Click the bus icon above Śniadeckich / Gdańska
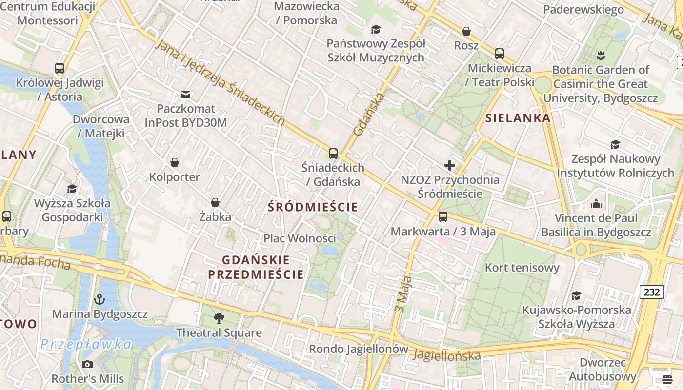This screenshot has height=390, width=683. pyautogui.click(x=333, y=154)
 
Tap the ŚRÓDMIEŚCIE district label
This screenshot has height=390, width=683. pyautogui.click(x=313, y=207)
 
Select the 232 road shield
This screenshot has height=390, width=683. pyautogui.click(x=651, y=292)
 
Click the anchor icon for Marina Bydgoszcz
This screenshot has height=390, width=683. pyautogui.click(x=100, y=299)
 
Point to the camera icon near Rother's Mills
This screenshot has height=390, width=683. pyautogui.click(x=87, y=364)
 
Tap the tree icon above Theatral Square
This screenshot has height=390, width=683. pyautogui.click(x=219, y=318)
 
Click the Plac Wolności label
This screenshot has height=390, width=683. pyautogui.click(x=300, y=238)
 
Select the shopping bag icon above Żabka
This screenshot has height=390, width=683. pyautogui.click(x=215, y=202)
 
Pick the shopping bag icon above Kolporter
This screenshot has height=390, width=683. pyautogui.click(x=175, y=162)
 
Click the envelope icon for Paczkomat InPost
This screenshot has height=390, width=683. pyautogui.click(x=186, y=94)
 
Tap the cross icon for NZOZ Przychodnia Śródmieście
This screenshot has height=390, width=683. pyautogui.click(x=450, y=165)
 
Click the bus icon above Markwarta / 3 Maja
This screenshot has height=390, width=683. pyautogui.click(x=443, y=216)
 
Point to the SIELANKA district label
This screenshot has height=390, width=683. pyautogui.click(x=518, y=118)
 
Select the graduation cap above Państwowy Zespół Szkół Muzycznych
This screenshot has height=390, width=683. pyautogui.click(x=376, y=30)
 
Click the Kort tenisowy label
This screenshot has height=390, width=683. pyautogui.click(x=522, y=267)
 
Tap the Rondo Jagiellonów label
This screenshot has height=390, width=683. pyautogui.click(x=359, y=349)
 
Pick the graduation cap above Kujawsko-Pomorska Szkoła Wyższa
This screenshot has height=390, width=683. pyautogui.click(x=576, y=295)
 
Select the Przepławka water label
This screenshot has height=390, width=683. pyautogui.click(x=86, y=345)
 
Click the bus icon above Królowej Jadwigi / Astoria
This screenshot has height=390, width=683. pyautogui.click(x=60, y=68)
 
